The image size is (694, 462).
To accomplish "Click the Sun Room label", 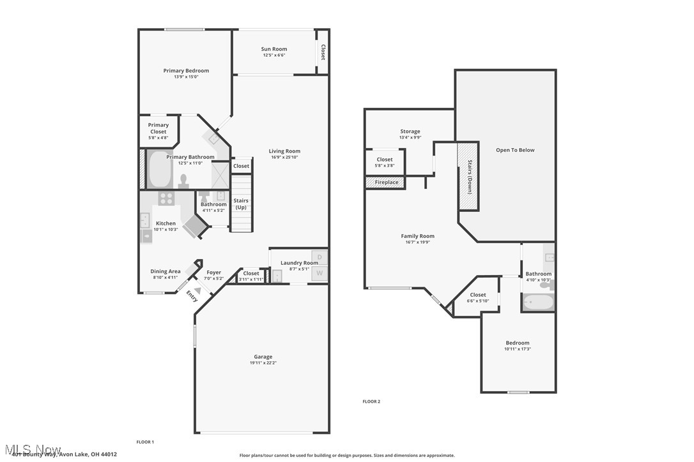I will click(274, 49).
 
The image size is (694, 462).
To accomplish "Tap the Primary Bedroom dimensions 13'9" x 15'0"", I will click(186, 77).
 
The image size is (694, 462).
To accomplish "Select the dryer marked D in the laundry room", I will click(320, 257).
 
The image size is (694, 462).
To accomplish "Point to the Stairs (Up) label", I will click(242, 204).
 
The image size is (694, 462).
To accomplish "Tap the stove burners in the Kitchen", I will click(167, 198).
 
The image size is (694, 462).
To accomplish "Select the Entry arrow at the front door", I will click(197, 291).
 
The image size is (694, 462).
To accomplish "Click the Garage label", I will click(263, 357).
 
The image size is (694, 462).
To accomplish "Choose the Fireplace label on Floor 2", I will click(387, 183).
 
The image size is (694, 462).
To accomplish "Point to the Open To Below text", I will click(515, 150).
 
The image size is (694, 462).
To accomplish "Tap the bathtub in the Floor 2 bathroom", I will click(538, 302).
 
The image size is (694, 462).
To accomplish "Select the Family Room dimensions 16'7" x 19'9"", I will click(417, 242).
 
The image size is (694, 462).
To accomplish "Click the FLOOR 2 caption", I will click(371, 401).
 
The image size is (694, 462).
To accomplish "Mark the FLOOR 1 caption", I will click(145, 442).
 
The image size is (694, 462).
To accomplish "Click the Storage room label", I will click(410, 131).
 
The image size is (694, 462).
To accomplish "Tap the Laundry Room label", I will click(299, 263).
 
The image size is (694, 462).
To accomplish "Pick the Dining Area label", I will click(166, 271).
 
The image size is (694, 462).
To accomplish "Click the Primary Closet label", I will click(158, 128).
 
